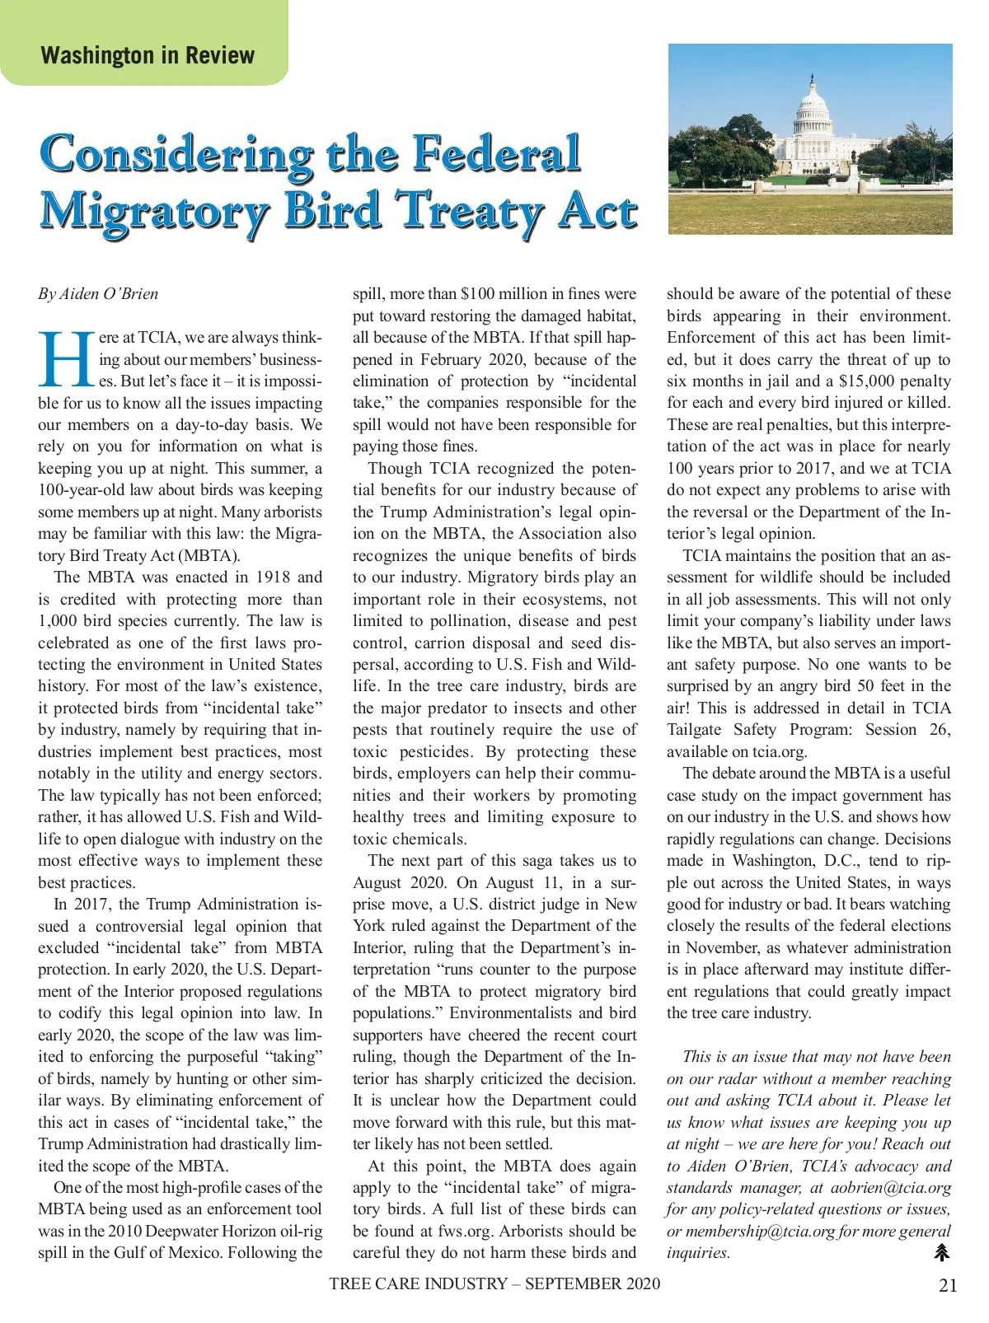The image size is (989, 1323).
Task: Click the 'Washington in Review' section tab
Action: pyautogui.click(x=147, y=55)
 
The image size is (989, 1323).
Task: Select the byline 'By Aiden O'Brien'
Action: pyautogui.click(x=98, y=294)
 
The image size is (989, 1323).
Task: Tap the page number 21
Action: pyautogui.click(x=948, y=1285)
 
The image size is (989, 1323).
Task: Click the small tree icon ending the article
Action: pyautogui.click(x=942, y=1253)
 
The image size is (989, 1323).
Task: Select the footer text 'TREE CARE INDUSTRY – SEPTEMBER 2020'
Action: pyautogui.click(x=494, y=1283)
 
